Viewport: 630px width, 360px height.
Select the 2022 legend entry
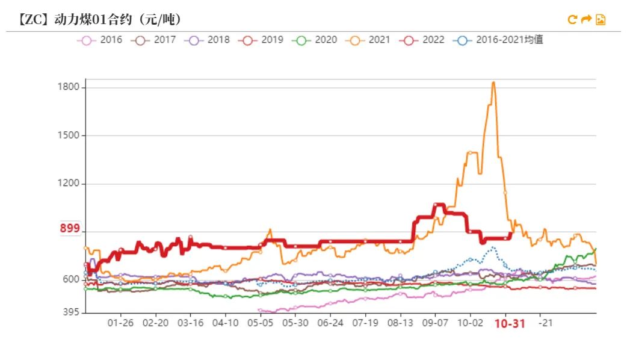click(422, 40)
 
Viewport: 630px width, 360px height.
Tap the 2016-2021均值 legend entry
click(499, 40)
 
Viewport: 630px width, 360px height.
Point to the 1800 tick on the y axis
click(68, 87)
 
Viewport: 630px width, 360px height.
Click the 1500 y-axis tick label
click(68, 135)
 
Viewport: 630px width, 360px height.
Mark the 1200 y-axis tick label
click(68, 184)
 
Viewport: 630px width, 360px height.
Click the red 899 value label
click(70, 229)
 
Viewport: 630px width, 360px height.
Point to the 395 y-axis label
click(71, 312)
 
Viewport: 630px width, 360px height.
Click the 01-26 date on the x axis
click(121, 323)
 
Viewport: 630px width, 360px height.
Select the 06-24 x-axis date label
click(330, 323)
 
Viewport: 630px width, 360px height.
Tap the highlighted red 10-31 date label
click(510, 324)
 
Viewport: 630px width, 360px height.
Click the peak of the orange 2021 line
click(493, 82)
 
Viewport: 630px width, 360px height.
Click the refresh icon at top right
click(572, 20)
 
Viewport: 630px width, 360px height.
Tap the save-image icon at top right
click(601, 20)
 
